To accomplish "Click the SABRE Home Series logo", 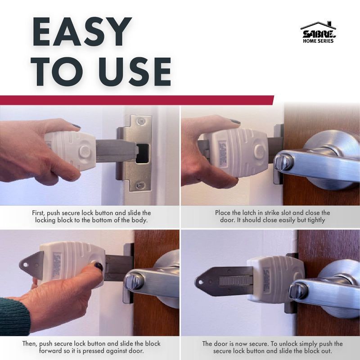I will pyautogui.click(x=318, y=32).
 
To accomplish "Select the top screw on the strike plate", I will pyautogui.click(x=140, y=121).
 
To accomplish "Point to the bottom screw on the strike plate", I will pyautogui.click(x=141, y=184).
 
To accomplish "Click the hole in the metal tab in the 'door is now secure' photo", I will pyautogui.click(x=201, y=282).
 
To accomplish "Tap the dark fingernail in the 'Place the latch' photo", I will pyautogui.click(x=235, y=122).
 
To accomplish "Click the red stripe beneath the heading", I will pyautogui.click(x=135, y=100).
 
